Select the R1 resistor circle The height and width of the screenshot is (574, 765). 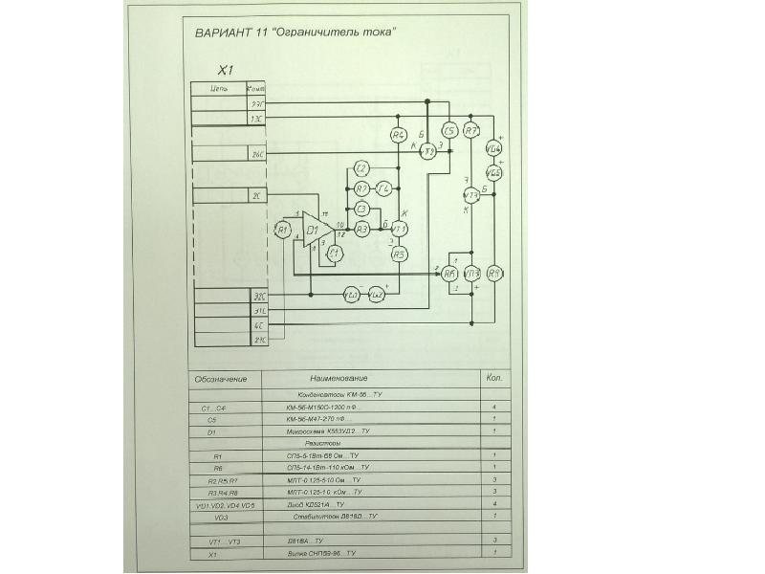point(281,229)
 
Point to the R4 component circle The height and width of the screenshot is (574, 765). point(399,135)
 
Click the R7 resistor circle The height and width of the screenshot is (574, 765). point(470,131)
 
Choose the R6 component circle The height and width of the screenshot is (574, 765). point(449,274)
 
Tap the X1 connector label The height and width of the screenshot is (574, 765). point(225,70)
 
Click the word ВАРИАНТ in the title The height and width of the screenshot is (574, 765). point(224,32)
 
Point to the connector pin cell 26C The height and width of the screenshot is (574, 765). point(256,153)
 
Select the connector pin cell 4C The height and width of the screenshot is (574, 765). point(258,326)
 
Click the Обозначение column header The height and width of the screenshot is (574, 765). point(221,379)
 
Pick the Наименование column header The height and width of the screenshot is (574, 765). point(339,378)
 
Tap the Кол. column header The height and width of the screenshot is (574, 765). point(493,377)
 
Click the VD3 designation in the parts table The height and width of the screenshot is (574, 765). point(221,517)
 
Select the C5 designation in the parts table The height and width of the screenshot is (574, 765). point(213,419)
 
